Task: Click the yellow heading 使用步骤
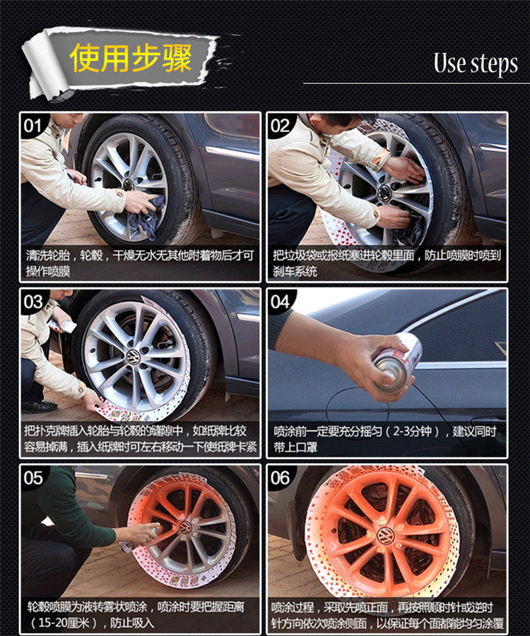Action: click(x=131, y=58)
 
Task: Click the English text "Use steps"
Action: click(x=476, y=64)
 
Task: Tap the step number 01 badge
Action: click(x=33, y=126)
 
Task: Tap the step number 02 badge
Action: click(x=280, y=126)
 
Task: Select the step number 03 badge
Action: click(x=33, y=302)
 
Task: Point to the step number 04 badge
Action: click(x=280, y=302)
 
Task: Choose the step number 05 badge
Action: click(x=33, y=478)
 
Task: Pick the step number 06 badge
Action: click(x=280, y=478)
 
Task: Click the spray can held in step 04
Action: click(x=396, y=363)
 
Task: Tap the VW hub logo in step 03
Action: click(x=133, y=358)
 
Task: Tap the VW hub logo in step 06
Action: click(x=384, y=536)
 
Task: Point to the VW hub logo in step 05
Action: click(x=186, y=527)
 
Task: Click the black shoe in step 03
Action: click(x=40, y=406)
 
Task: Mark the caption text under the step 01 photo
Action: click(x=140, y=263)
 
